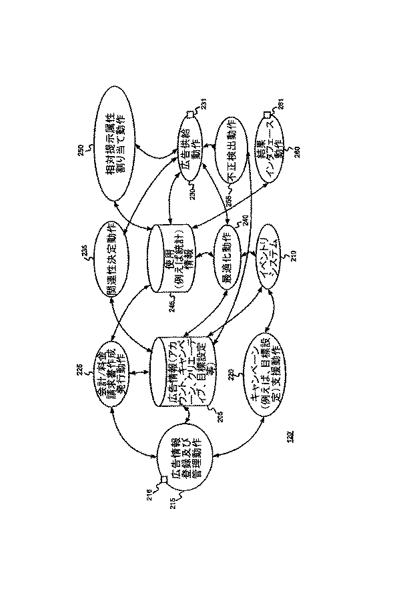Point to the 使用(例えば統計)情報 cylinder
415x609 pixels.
coord(173,257)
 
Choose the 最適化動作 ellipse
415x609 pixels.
coord(230,252)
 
